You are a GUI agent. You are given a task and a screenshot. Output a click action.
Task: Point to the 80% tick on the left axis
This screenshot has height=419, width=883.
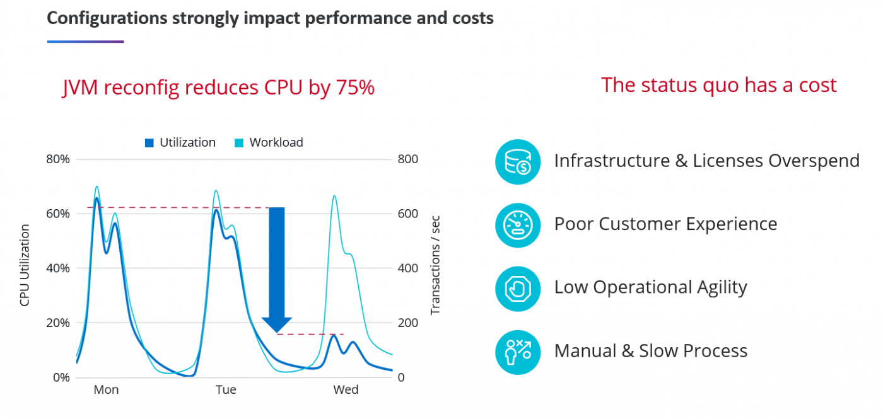(x=58, y=159)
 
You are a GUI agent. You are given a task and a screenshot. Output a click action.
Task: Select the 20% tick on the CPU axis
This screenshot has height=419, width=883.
(x=58, y=323)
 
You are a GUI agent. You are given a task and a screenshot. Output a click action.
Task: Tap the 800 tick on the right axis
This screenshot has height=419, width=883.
(x=407, y=159)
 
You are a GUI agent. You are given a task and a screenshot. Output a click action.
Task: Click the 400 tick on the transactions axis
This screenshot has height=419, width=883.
(x=407, y=268)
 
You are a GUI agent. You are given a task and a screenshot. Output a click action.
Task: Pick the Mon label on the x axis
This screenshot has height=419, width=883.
(x=106, y=390)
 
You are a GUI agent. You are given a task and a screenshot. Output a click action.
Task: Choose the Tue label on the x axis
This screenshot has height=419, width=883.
(x=226, y=390)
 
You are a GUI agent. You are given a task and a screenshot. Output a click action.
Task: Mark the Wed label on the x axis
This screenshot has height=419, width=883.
(x=346, y=390)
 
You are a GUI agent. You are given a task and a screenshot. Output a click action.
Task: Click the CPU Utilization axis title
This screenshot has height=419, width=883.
(x=25, y=265)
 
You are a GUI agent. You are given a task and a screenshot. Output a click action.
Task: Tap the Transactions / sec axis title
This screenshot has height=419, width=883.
(x=435, y=265)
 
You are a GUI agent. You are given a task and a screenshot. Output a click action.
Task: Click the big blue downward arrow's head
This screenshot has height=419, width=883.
(x=277, y=324)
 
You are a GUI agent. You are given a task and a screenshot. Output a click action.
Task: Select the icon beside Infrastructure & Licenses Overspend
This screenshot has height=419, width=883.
(x=518, y=161)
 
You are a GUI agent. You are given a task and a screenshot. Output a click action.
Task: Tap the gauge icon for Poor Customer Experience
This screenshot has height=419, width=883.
(x=518, y=225)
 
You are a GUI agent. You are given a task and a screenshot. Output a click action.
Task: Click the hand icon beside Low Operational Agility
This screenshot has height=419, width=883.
(x=518, y=289)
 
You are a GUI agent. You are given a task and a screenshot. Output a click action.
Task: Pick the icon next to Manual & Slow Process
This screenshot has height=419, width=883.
(x=518, y=352)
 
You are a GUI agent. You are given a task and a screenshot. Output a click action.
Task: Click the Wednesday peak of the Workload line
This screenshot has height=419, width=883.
(x=334, y=196)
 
